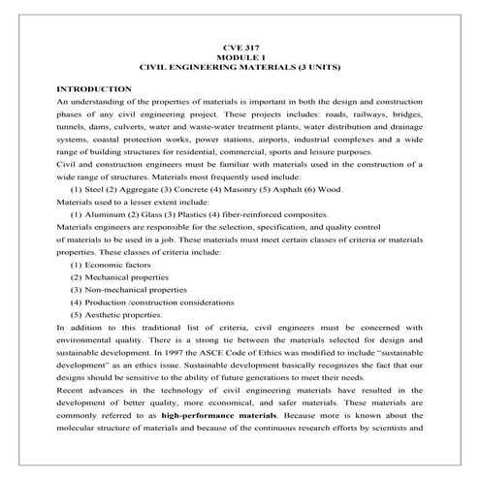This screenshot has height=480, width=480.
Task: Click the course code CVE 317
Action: tap(239, 48)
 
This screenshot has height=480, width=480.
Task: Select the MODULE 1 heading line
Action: tap(239, 57)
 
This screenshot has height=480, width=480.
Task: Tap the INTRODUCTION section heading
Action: tap(94, 88)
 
